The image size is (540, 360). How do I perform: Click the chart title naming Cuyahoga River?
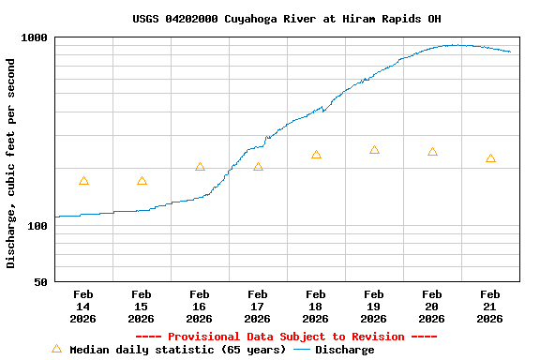tap(286, 19)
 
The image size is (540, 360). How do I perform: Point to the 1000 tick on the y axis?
tap(35, 37)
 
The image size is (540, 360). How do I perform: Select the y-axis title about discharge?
tap(11, 163)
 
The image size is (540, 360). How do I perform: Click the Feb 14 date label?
tap(83, 306)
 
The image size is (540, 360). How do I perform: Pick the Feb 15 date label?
tap(142, 306)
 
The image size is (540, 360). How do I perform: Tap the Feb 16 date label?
tap(200, 306)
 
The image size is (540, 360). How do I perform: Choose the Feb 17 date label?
tap(258, 306)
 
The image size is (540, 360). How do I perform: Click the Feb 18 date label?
tap(316, 306)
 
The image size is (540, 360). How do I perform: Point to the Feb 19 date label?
tap(374, 306)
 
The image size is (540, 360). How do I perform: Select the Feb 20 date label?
tap(432, 306)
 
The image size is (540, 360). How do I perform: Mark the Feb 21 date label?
tap(490, 306)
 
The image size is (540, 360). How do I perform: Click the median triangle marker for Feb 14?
tap(83, 181)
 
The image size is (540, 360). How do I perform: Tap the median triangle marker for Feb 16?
tap(200, 167)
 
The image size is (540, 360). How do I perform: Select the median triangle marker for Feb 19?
tap(374, 150)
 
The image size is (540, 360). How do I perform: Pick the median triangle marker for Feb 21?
tap(490, 158)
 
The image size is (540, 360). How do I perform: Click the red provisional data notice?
tap(286, 337)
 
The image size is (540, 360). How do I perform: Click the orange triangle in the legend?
tap(56, 349)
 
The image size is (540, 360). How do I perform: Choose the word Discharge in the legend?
tap(344, 350)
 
